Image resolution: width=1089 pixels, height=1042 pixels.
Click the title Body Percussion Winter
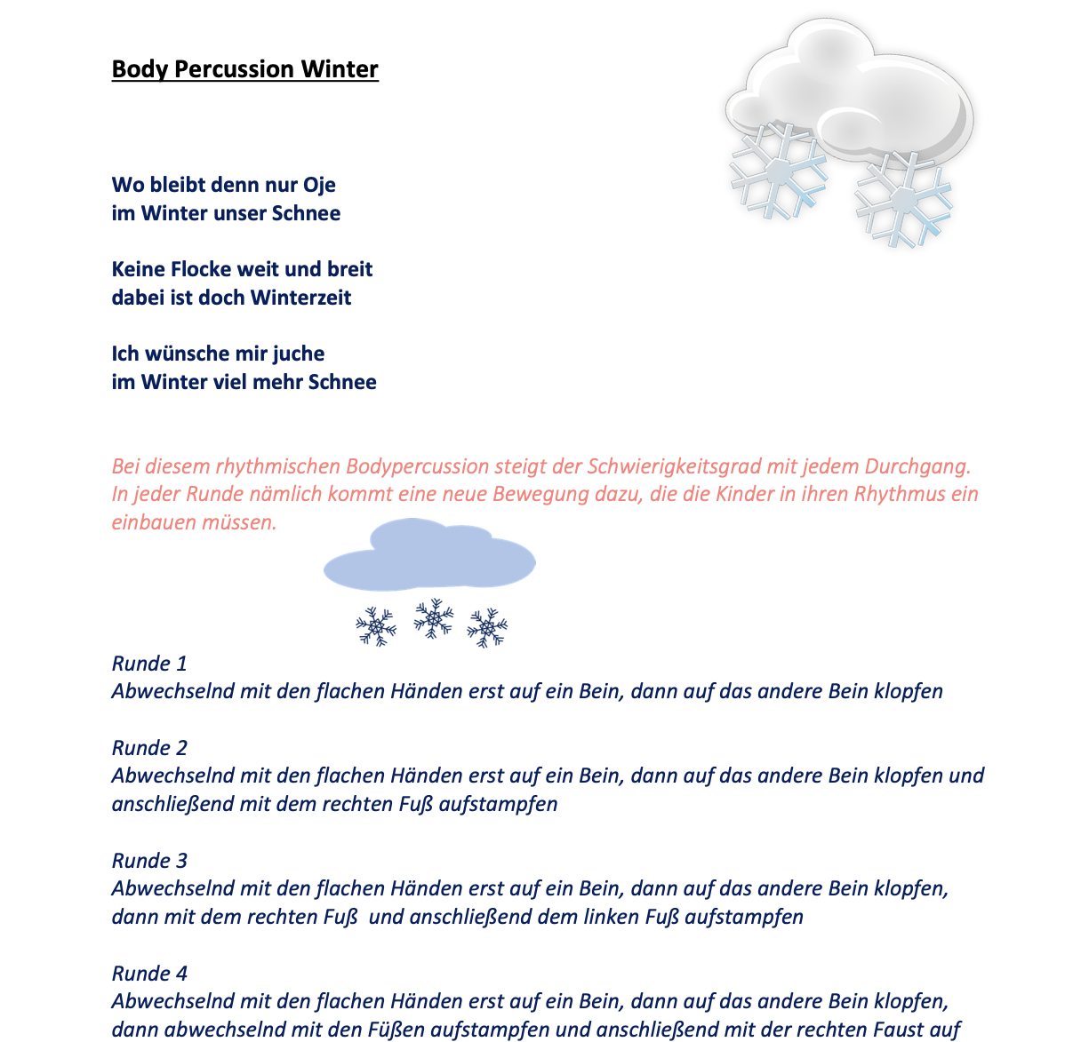tap(245, 69)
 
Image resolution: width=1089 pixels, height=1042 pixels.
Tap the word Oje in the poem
tap(319, 185)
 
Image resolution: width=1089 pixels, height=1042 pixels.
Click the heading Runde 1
tap(149, 664)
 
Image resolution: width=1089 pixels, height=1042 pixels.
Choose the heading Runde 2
tap(149, 748)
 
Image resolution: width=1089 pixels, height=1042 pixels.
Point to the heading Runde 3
tap(149, 861)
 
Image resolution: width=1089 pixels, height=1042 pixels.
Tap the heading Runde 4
tap(149, 974)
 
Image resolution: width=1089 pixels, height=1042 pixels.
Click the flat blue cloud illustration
tap(429, 557)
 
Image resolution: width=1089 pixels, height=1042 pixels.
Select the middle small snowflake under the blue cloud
tap(433, 618)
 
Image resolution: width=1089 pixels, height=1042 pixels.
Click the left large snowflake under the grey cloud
tap(777, 171)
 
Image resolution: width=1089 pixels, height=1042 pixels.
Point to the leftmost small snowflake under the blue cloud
tap(376, 627)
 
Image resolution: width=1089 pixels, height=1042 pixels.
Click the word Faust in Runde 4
tap(910, 1030)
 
